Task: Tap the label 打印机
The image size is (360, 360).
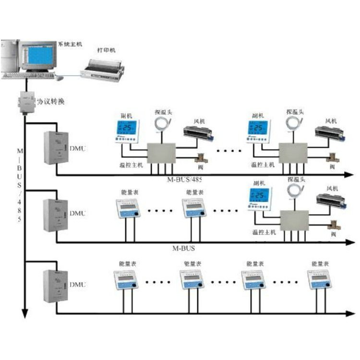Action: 106,50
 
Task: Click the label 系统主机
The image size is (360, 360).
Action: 70,44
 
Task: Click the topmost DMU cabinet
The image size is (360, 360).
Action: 54,147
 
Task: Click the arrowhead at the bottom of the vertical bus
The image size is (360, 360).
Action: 24,314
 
